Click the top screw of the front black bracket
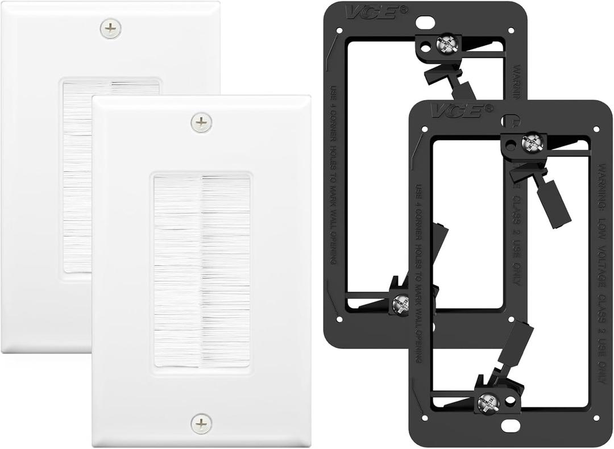(x=532, y=142)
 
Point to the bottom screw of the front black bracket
(x=488, y=402)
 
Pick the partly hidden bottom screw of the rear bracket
(x=400, y=304)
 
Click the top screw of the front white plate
(x=201, y=122)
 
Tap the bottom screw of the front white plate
(x=201, y=423)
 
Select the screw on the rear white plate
(x=110, y=28)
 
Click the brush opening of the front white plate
(x=202, y=271)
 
